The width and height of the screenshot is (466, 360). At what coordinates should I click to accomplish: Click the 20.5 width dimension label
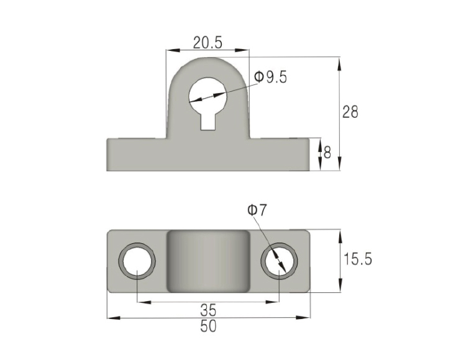(208, 42)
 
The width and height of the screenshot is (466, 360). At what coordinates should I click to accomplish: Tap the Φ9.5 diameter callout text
(270, 77)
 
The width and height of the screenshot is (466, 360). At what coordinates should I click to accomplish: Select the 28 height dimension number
(350, 112)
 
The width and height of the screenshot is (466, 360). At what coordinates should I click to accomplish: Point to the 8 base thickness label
(327, 153)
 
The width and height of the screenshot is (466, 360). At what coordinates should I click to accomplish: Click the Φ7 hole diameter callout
(257, 210)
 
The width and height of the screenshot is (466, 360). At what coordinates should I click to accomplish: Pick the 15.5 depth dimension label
(357, 259)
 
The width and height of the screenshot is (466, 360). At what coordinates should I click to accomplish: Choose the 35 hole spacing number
(208, 310)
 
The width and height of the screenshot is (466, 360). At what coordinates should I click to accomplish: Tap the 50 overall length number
(208, 326)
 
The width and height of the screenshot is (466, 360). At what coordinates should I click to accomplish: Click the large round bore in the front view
(208, 96)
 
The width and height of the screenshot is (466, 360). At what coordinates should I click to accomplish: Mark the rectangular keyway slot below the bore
(208, 122)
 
